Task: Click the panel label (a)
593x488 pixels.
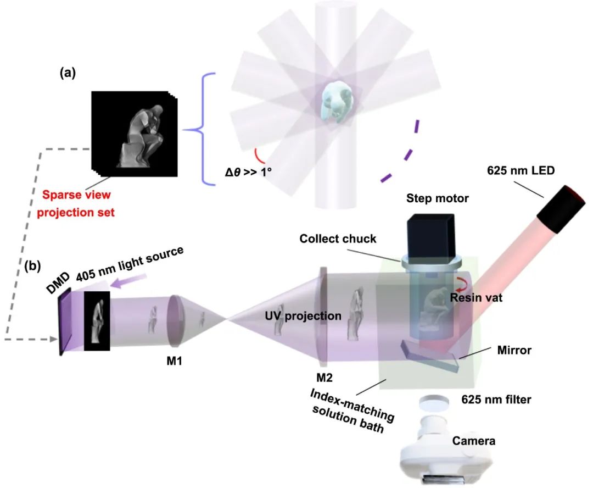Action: tap(68, 74)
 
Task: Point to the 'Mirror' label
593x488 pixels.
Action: tap(513, 350)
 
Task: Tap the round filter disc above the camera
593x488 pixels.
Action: tap(434, 403)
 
